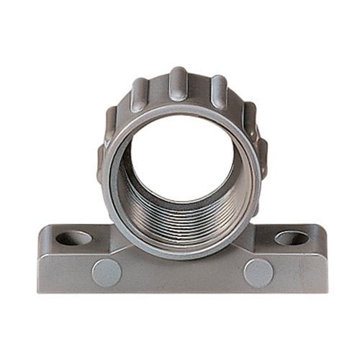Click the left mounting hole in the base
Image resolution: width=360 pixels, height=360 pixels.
click(x=74, y=238)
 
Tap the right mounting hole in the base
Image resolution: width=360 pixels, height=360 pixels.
click(x=291, y=238)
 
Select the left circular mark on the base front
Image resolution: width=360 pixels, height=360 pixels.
click(x=107, y=273)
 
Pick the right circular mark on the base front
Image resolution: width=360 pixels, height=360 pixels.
click(x=258, y=273)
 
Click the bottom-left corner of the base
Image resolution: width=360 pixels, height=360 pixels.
click(x=40, y=291)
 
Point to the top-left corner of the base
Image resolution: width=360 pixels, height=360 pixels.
click(x=43, y=228)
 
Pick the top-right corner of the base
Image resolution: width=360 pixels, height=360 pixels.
click(x=322, y=227)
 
